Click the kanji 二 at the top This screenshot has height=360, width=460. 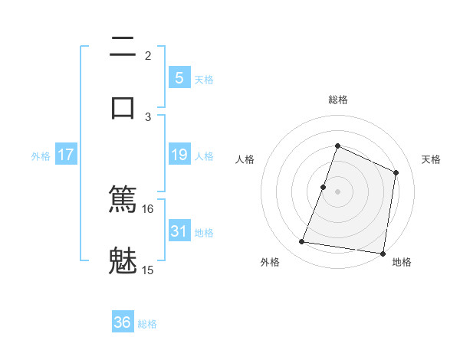coord(123,47)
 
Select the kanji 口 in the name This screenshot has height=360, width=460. coord(123,106)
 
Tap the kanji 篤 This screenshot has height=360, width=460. coord(123,200)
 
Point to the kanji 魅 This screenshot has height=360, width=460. coord(123,260)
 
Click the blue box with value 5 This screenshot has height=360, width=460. coord(179,77)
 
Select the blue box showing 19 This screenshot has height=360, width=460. coord(179,155)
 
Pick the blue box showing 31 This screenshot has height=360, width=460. coord(179,231)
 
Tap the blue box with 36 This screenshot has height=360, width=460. coord(123,322)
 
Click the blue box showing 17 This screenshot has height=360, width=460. coord(65,155)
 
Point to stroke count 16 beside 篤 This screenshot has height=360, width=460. coord(148,209)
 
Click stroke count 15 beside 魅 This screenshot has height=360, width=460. coord(148,270)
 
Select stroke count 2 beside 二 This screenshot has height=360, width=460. coord(148,56)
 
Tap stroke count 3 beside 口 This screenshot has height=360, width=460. coord(148,116)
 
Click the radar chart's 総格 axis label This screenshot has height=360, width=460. coord(338,100)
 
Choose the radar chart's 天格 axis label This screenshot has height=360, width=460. coord(432,159)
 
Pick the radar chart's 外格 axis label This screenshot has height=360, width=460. coord(270,262)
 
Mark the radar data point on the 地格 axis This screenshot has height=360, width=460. coord(383,253)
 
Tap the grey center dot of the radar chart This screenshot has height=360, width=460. coord(338,191)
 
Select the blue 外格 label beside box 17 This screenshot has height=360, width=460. coord(41,155)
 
